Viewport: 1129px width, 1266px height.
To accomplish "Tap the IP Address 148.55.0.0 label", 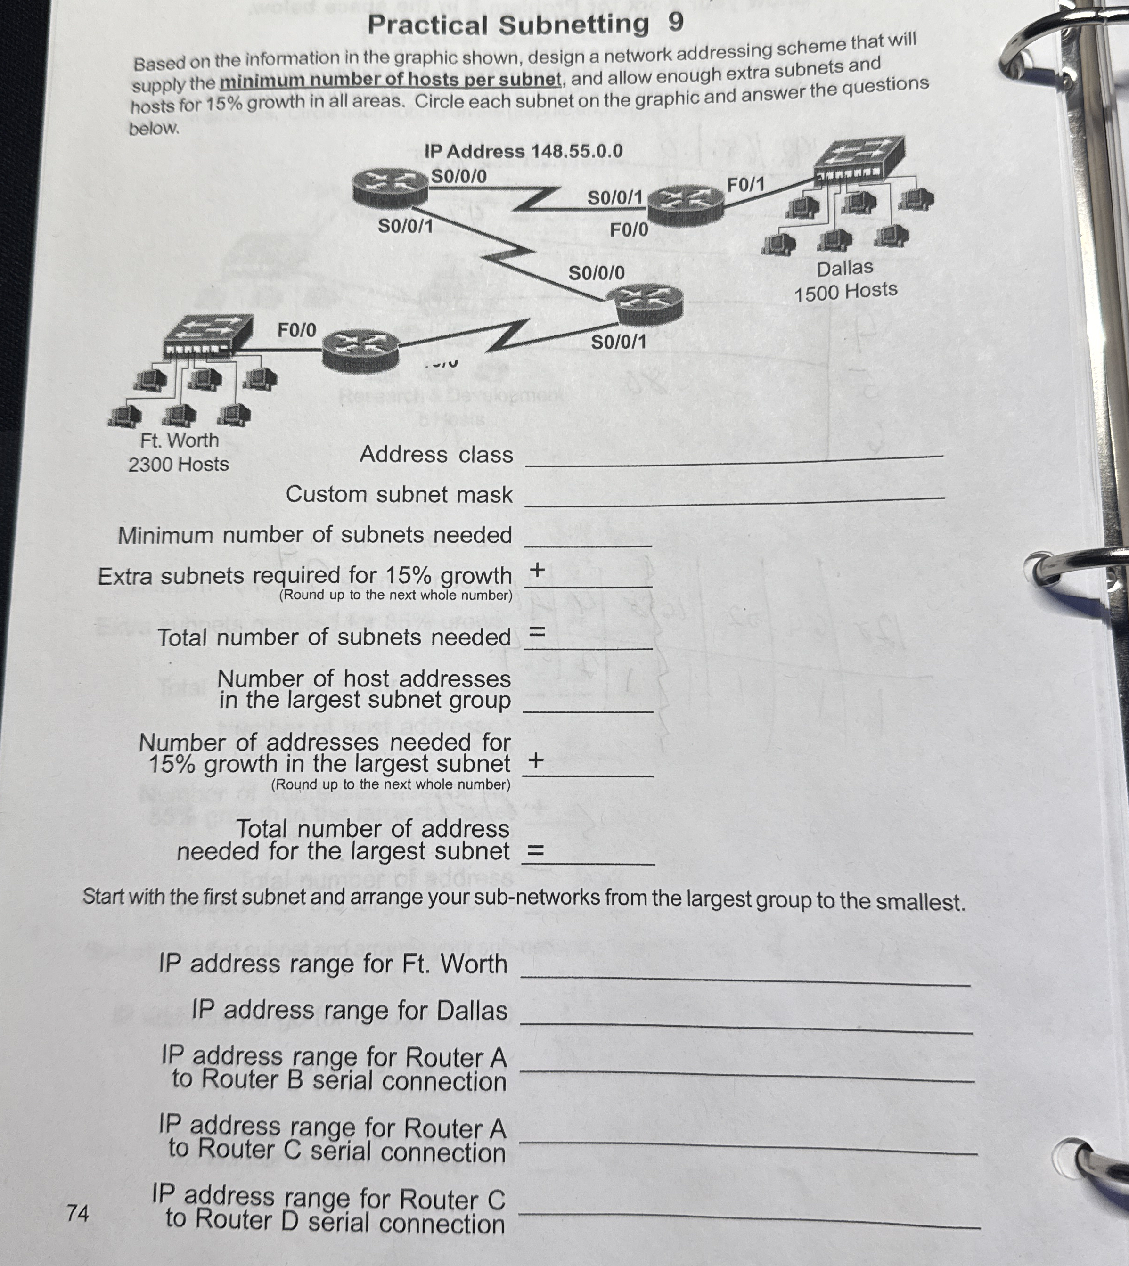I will point(523,151).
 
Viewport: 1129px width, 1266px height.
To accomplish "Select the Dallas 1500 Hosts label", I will point(845,280).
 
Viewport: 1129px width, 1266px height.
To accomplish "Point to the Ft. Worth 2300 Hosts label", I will point(179,452).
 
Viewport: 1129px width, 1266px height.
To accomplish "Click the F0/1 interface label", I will point(745,184).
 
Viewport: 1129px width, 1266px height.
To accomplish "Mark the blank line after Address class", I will point(733,459).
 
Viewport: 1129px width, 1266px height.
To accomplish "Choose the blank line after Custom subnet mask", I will point(735,500).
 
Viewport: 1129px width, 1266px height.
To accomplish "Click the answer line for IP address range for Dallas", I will point(746,1027).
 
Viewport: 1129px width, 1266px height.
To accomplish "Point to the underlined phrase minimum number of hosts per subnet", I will point(390,80).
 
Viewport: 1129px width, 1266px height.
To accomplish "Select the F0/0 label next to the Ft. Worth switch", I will point(296,330).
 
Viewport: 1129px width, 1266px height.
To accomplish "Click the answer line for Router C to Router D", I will point(749,1221).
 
